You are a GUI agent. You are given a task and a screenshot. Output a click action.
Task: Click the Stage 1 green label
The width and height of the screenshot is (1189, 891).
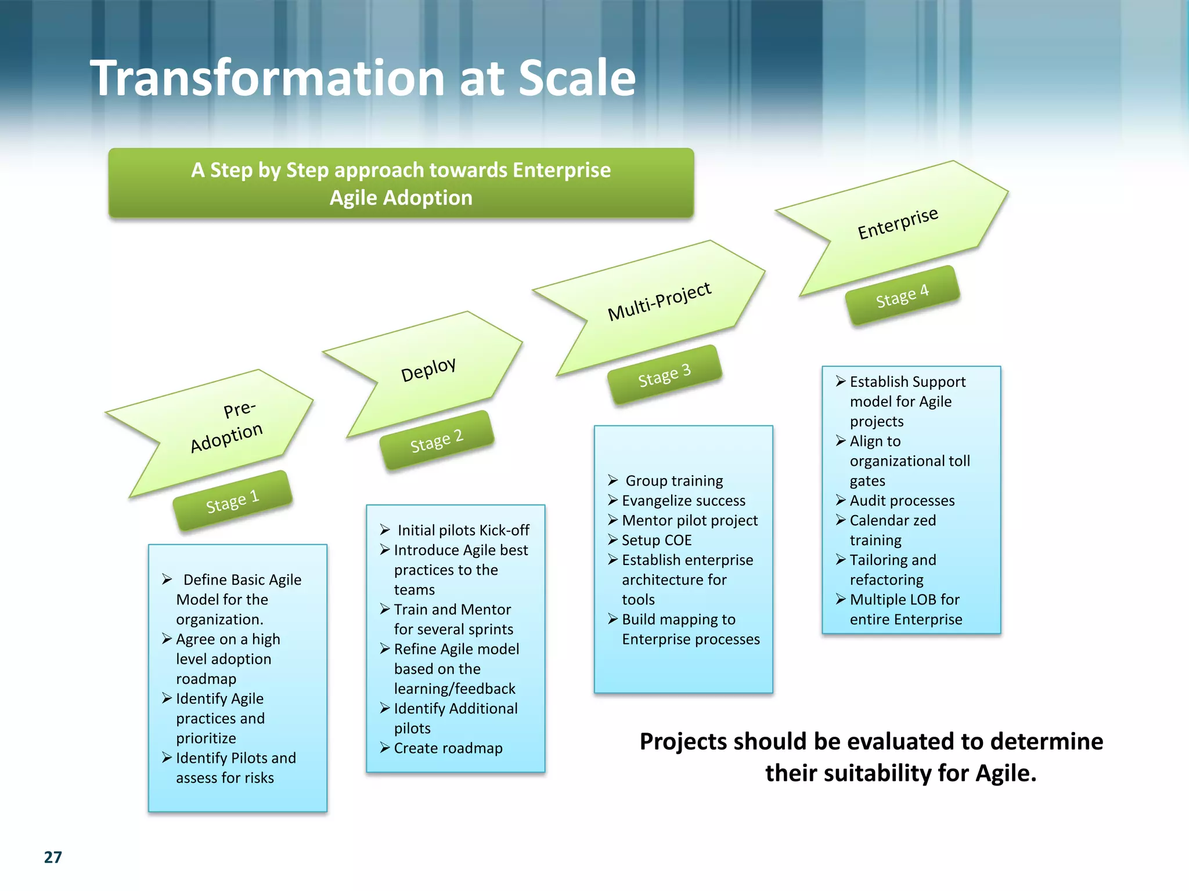pyautogui.click(x=232, y=501)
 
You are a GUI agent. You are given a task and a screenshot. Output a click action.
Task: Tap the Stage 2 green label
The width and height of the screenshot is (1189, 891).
pyautogui.click(x=437, y=440)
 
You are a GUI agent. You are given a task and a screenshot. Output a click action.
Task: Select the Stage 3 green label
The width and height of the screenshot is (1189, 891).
pyautogui.click(x=664, y=375)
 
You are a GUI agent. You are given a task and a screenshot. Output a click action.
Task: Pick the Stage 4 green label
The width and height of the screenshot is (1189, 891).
pyautogui.click(x=902, y=295)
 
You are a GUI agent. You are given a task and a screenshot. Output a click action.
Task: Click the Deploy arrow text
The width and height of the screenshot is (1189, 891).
pyautogui.click(x=428, y=369)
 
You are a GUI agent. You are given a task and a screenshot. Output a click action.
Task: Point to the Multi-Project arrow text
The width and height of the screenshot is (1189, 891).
pyautogui.click(x=659, y=301)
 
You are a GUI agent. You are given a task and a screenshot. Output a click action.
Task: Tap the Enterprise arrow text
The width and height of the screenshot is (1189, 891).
pyautogui.click(x=898, y=223)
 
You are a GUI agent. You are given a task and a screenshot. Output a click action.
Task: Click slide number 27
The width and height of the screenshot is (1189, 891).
pyautogui.click(x=53, y=857)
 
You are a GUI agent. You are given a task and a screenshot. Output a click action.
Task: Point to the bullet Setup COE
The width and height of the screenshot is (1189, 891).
pyautogui.click(x=656, y=540)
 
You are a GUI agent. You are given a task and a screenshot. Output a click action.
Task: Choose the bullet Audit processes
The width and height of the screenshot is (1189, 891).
pyautogui.click(x=902, y=501)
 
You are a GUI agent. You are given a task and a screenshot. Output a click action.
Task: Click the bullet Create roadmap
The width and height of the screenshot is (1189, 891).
pyautogui.click(x=448, y=748)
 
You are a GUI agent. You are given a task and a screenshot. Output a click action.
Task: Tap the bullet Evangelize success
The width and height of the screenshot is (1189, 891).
pyautogui.click(x=683, y=501)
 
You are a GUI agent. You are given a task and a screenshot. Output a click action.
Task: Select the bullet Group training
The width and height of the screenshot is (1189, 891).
pyautogui.click(x=673, y=481)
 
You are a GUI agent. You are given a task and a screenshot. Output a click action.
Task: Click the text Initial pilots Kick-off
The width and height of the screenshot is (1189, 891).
pyautogui.click(x=463, y=530)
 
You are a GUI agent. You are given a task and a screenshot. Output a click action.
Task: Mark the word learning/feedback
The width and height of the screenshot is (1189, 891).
pyautogui.click(x=455, y=689)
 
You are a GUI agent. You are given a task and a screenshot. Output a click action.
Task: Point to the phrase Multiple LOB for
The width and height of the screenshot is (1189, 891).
pyautogui.click(x=904, y=599)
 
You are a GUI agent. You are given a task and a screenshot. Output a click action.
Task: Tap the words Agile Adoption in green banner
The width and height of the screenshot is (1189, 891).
pyautogui.click(x=401, y=198)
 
